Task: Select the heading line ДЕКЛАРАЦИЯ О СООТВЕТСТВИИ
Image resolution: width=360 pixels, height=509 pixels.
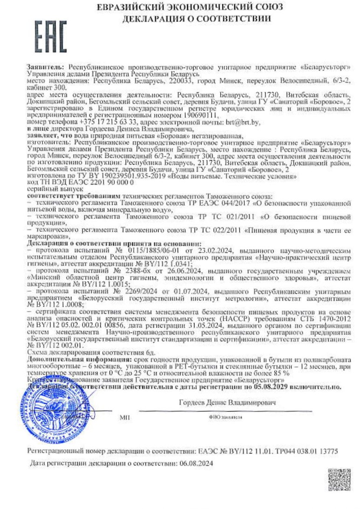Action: pyautogui.click(x=197, y=19)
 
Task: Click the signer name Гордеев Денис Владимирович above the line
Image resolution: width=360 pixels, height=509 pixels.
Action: pyautogui.click(x=227, y=402)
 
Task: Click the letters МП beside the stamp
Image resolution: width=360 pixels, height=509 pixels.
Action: pyautogui.click(x=124, y=417)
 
